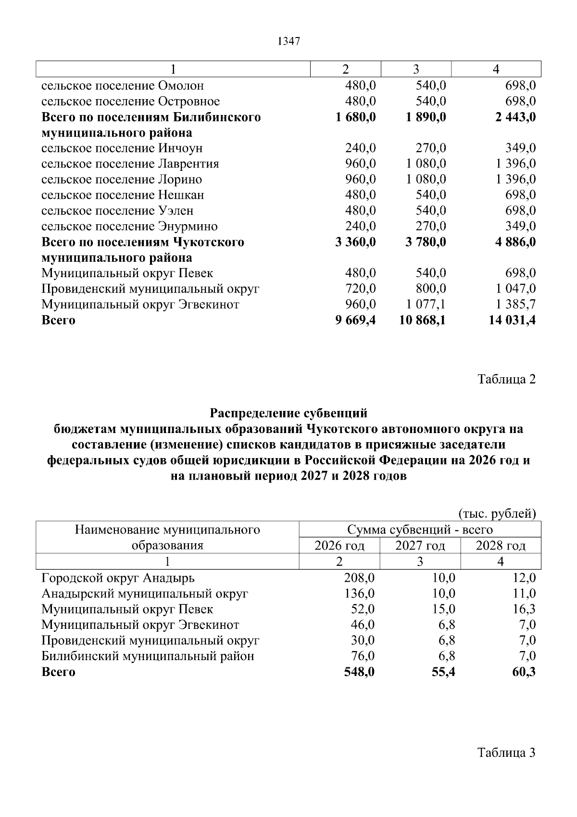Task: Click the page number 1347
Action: (288, 41)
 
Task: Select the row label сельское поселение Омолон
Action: (123, 86)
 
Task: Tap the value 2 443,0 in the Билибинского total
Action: (512, 117)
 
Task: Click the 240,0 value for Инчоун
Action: (360, 148)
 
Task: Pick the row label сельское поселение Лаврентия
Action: (130, 164)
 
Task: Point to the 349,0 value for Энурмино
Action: (520, 226)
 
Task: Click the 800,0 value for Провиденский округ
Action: (430, 289)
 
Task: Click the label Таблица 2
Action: (506, 379)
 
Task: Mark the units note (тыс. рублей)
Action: (497, 513)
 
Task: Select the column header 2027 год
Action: (420, 546)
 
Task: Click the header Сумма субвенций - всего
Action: (420, 530)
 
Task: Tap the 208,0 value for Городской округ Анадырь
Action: (359, 577)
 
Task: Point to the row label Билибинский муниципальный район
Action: (148, 656)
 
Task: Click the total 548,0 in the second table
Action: (359, 672)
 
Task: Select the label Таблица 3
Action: (506, 753)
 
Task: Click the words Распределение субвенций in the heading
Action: (288, 413)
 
